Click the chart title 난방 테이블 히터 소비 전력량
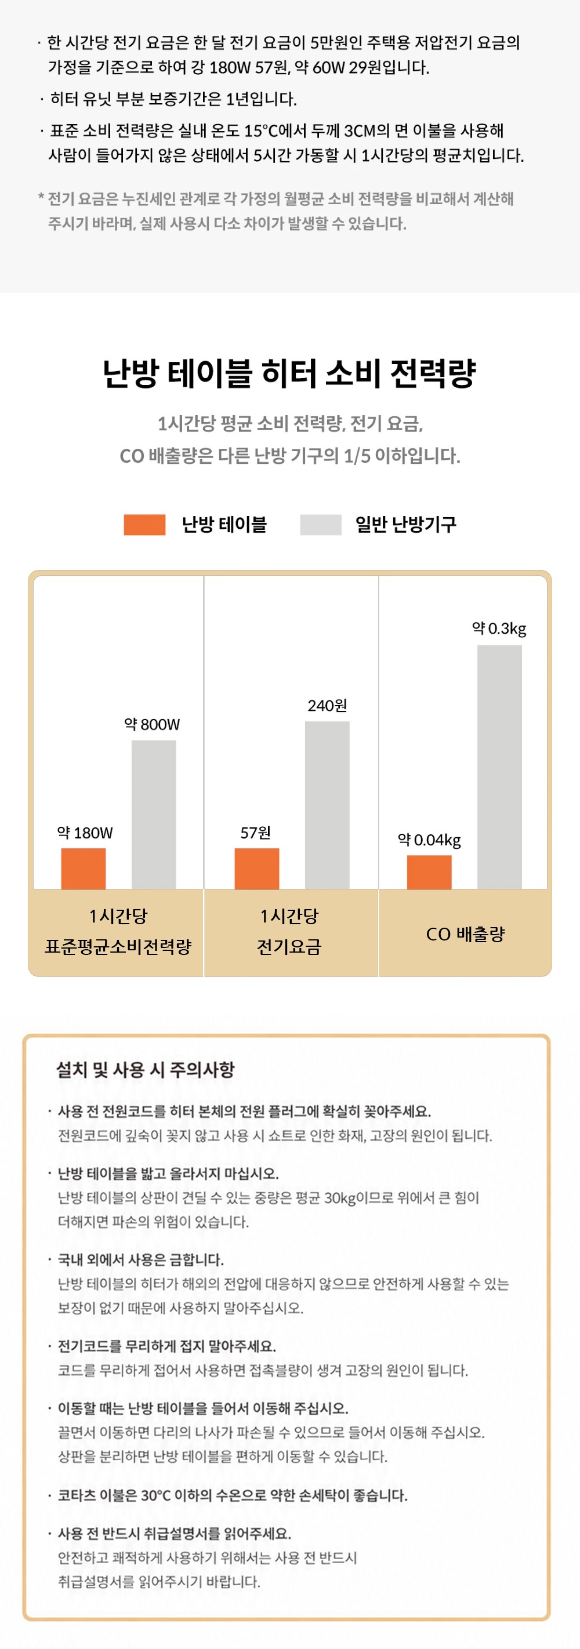[x=289, y=373]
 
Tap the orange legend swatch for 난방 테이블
[x=144, y=524]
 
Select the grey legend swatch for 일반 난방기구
[x=321, y=524]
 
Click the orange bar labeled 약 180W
[x=83, y=869]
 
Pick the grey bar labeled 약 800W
[x=154, y=815]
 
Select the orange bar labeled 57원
[x=257, y=869]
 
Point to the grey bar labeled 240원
[x=327, y=805]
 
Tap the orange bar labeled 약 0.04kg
[x=430, y=872]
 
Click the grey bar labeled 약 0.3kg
[x=499, y=767]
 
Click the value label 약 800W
[x=153, y=724]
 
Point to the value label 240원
[x=327, y=706]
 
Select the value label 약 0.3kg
[x=499, y=629]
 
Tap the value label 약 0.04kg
[x=430, y=839]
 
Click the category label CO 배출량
[x=465, y=934]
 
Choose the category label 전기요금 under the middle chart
[x=289, y=947]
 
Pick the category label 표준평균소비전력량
[x=118, y=947]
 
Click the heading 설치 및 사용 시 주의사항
[x=146, y=1069]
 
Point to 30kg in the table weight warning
[x=340, y=1198]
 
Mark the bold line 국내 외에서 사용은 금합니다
[x=141, y=1259]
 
